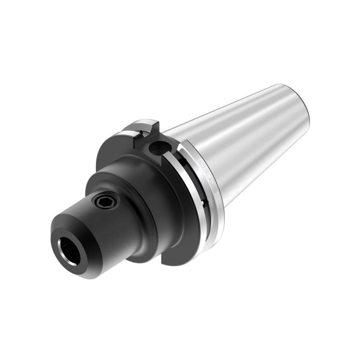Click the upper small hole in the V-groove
click(182, 160)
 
